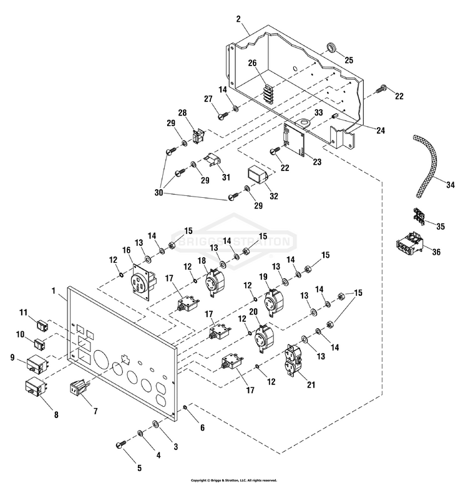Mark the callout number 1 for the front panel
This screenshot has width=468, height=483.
click(x=54, y=291)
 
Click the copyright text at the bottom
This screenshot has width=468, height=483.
click(x=233, y=480)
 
